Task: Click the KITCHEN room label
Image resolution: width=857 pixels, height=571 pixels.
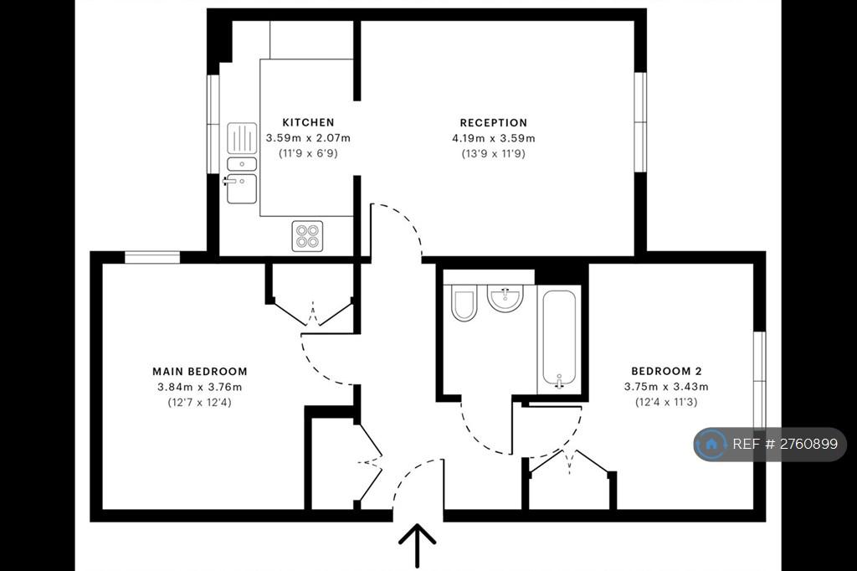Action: pos(308,122)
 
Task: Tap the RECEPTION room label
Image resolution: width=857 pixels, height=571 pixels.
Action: pos(494,123)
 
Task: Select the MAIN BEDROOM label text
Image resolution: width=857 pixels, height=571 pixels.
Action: pos(200,372)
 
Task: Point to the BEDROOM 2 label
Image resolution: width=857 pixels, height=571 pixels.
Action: pos(666,372)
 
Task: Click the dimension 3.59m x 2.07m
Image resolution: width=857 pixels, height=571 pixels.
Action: pos(308,138)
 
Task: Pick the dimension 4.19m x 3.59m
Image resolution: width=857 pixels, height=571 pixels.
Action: pos(494,138)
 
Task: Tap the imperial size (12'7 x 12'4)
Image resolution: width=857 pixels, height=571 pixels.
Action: pos(199,403)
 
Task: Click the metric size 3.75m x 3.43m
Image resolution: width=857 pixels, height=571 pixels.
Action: pos(666,387)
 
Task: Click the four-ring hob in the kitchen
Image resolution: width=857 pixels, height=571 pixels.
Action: pos(307,236)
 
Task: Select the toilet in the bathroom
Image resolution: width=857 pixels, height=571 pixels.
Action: pos(464,302)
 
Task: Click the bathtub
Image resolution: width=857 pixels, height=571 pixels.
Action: pos(558,339)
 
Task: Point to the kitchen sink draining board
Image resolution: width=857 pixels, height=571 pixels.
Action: pos(242,138)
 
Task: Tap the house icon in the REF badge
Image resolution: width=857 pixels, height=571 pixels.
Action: pos(711,444)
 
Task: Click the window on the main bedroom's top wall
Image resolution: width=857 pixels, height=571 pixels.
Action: pos(152,257)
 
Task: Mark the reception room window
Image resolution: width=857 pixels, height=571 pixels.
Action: pos(640,122)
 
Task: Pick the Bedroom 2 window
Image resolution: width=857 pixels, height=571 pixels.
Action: pos(760,379)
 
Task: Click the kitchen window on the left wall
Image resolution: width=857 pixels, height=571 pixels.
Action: pos(213,124)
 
